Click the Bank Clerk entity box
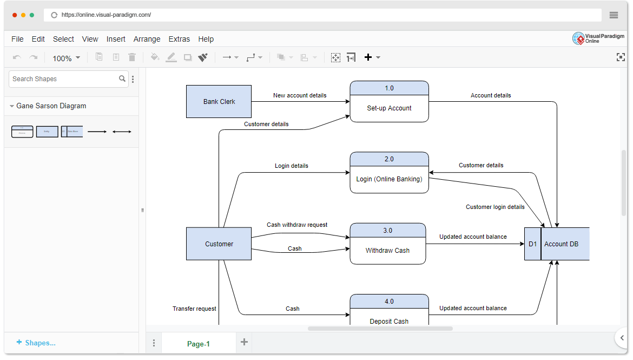click(x=219, y=101)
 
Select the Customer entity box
click(x=219, y=244)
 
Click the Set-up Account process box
click(x=389, y=108)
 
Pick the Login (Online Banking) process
click(x=389, y=179)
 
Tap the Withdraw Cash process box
click(x=387, y=250)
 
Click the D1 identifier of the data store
click(x=532, y=244)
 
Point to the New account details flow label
click(x=300, y=95)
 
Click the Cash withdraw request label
click(x=297, y=225)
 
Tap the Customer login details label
click(x=495, y=207)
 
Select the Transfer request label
click(x=194, y=309)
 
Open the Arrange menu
click(x=147, y=39)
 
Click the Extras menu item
click(x=179, y=39)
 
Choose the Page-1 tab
click(x=198, y=344)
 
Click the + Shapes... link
click(x=36, y=343)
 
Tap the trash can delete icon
click(x=132, y=57)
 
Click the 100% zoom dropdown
click(x=66, y=58)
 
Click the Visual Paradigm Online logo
click(x=598, y=38)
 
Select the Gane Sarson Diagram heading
click(x=51, y=106)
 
